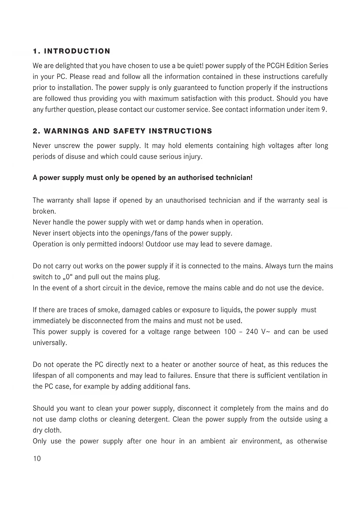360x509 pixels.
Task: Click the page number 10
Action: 37,459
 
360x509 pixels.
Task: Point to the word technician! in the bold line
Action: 234,178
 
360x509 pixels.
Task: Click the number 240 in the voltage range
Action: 252,332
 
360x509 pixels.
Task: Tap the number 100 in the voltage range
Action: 230,332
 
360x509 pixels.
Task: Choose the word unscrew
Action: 67,146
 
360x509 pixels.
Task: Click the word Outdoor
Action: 158,244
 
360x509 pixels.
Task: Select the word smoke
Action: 109,310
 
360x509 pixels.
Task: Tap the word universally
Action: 50,343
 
